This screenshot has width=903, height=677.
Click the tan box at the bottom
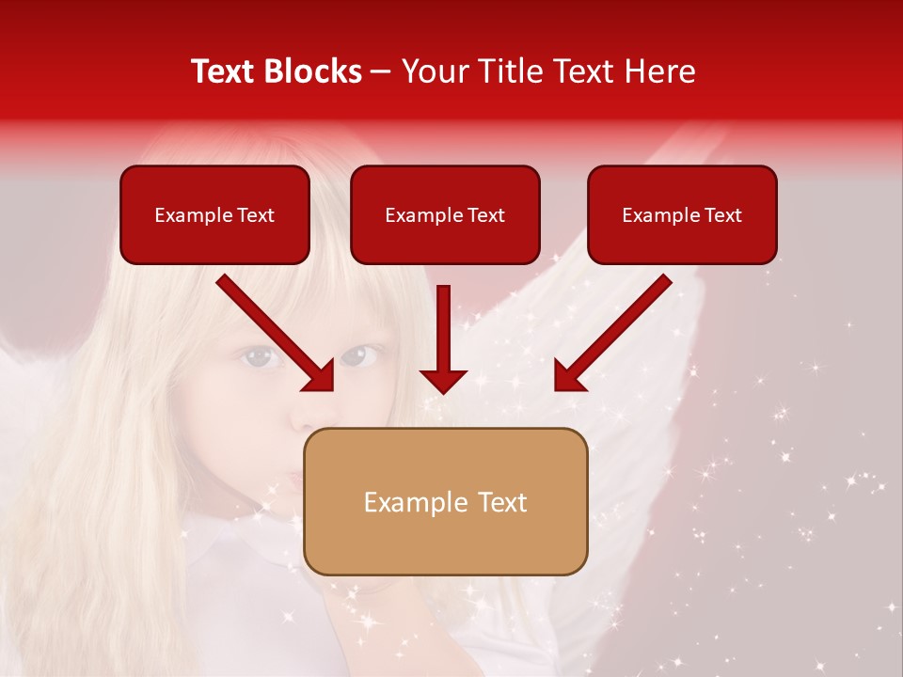pos(445,545)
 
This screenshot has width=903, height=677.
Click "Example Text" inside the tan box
pos(445,502)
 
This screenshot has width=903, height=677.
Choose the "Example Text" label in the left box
pos(214,215)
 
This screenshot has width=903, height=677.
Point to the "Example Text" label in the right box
pos(682,215)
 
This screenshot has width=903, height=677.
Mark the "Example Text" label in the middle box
pos(445,215)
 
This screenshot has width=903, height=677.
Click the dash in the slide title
pos(381,72)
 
